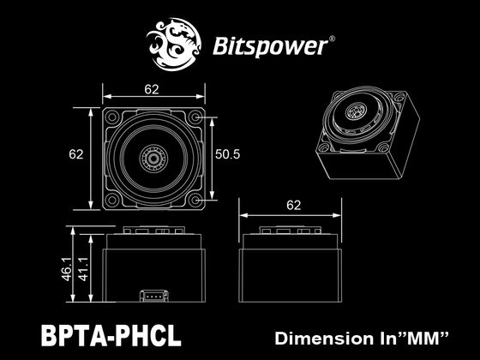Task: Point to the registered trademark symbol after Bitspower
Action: (x=333, y=38)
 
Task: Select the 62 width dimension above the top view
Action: (x=153, y=87)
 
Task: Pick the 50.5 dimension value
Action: (x=227, y=155)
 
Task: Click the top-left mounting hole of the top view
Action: (x=113, y=116)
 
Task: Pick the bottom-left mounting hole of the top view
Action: (x=113, y=200)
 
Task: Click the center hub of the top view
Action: (x=154, y=159)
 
